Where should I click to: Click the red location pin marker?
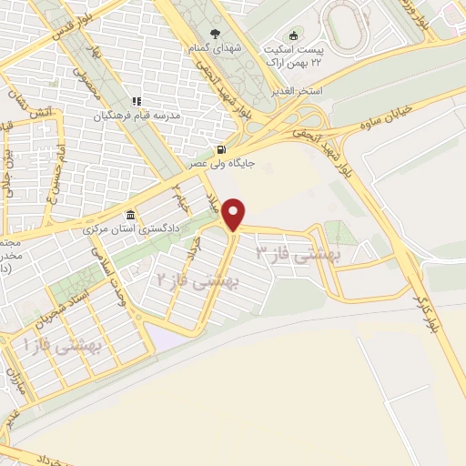(x=236, y=213)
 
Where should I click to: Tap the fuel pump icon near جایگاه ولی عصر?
(x=219, y=149)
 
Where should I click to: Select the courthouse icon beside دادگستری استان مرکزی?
(x=132, y=216)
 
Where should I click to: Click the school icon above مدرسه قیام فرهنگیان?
(x=136, y=102)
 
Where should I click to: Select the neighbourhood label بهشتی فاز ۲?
(x=196, y=283)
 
